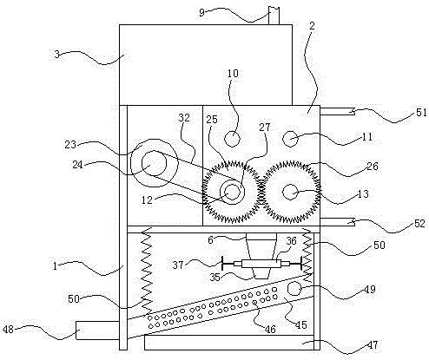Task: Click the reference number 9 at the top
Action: (x=201, y=12)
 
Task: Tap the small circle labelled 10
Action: (x=232, y=139)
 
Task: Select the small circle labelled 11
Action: (x=290, y=139)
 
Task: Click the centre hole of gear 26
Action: (x=290, y=193)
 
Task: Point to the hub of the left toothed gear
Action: (x=232, y=192)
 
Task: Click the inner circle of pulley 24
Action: (x=154, y=163)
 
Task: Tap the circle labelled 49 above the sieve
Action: (x=294, y=288)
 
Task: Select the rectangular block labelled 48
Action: (x=97, y=331)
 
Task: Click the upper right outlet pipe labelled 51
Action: (x=338, y=111)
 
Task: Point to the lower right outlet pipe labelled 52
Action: (x=338, y=222)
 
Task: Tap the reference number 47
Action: (x=373, y=344)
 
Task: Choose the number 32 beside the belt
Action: (x=184, y=118)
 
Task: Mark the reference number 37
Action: (x=178, y=265)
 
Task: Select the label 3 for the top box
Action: (x=57, y=54)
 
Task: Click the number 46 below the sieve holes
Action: (x=270, y=329)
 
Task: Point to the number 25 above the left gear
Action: (x=212, y=119)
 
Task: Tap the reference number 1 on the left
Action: (x=55, y=266)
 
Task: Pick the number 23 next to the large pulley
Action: (x=70, y=144)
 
